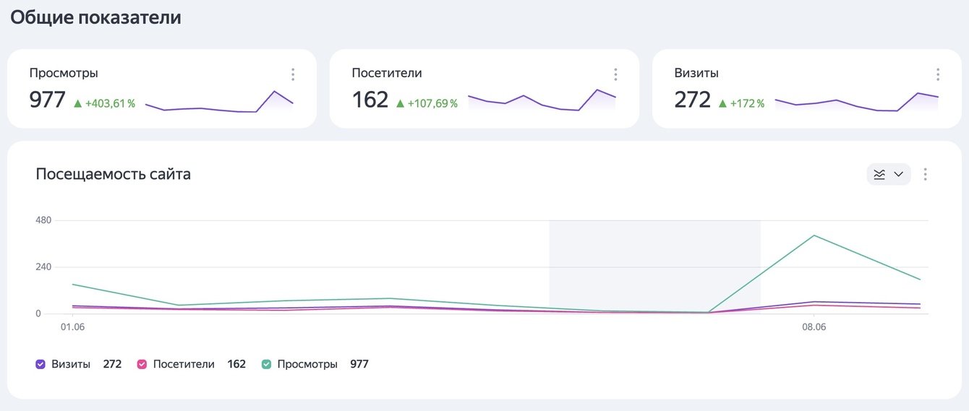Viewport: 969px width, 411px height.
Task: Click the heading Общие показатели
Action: (x=95, y=18)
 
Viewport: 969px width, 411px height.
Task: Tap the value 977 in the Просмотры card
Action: (x=47, y=100)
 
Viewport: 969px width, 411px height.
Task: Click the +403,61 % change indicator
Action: (x=104, y=103)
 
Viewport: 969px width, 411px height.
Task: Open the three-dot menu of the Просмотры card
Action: (x=293, y=74)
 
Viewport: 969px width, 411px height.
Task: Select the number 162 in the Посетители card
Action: (x=370, y=100)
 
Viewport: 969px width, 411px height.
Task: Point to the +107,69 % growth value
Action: (x=427, y=103)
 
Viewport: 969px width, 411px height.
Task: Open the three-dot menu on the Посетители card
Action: (x=615, y=74)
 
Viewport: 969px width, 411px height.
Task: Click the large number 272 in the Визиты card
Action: (x=692, y=100)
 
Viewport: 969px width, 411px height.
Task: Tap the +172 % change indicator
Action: (x=741, y=103)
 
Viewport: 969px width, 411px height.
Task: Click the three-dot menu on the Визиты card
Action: (x=938, y=74)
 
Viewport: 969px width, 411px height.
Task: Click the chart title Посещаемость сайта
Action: (x=113, y=174)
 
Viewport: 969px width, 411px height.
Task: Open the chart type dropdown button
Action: (x=889, y=174)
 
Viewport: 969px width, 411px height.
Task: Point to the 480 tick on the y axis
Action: (x=43, y=220)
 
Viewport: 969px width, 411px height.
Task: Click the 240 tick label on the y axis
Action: (x=43, y=267)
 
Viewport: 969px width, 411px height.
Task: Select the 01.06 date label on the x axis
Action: (x=72, y=326)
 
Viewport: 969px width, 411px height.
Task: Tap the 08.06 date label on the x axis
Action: (x=814, y=326)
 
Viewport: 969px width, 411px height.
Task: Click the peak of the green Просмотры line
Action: (x=814, y=235)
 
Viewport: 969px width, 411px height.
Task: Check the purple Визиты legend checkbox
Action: (x=40, y=364)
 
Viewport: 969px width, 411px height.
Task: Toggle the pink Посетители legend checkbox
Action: (x=142, y=364)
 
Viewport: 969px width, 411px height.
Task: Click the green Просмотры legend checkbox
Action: (x=266, y=364)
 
